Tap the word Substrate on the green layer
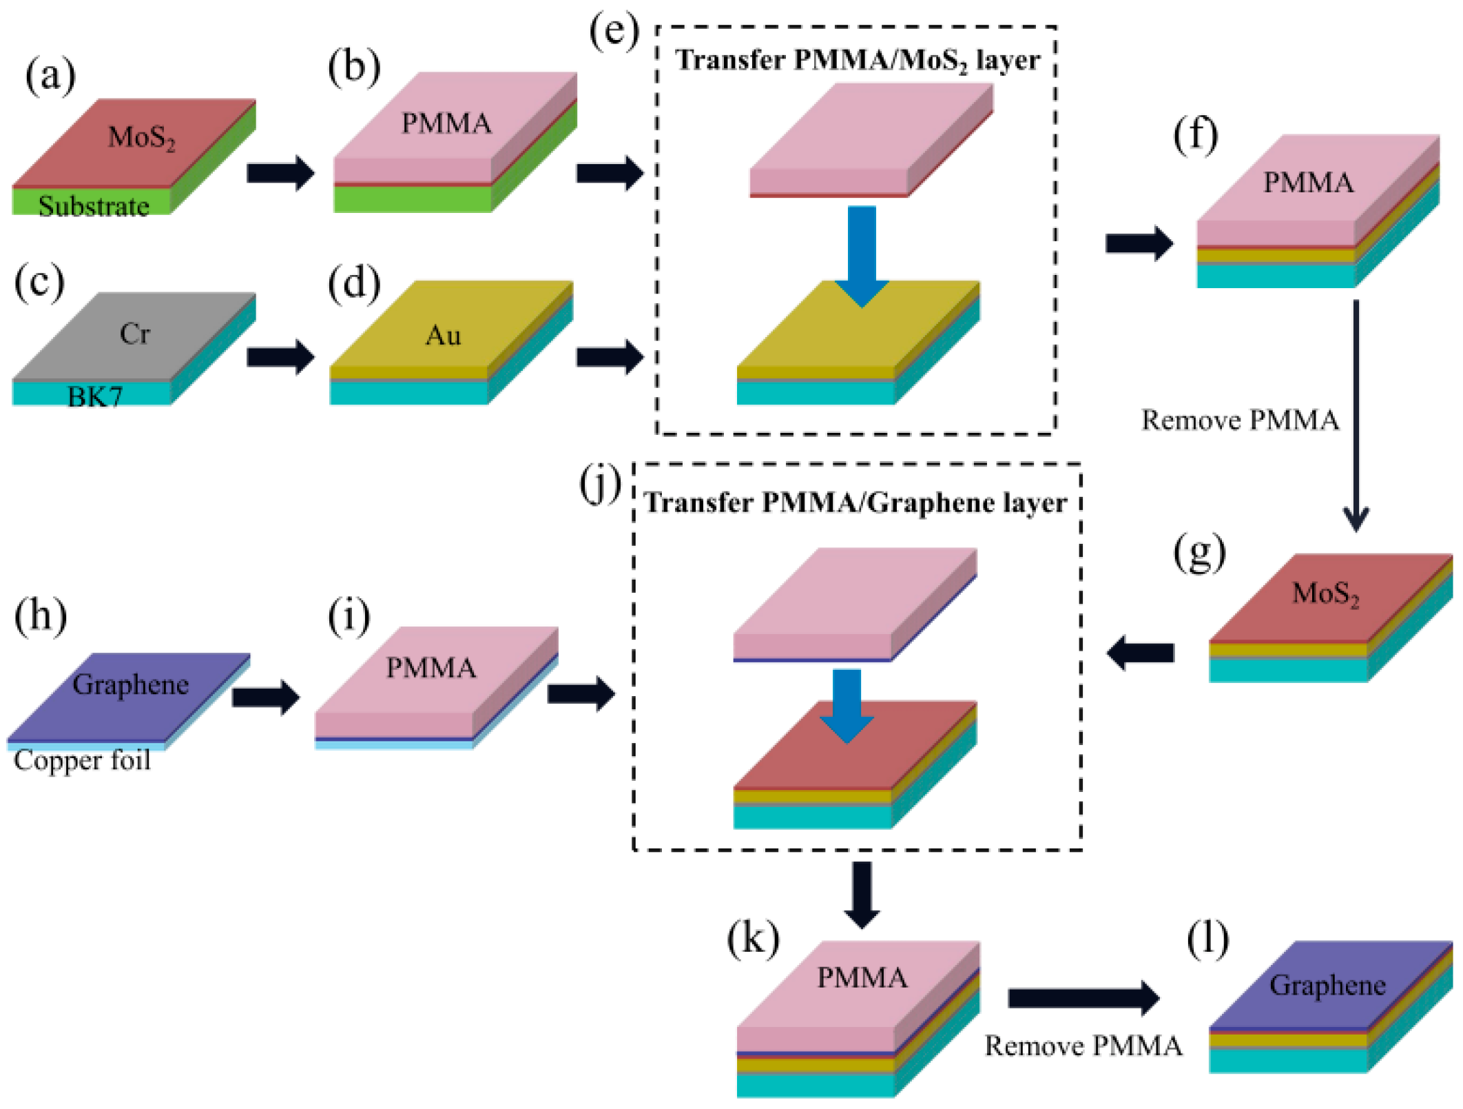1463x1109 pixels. pos(94,206)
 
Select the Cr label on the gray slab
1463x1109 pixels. pos(134,334)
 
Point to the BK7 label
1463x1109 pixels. pos(95,397)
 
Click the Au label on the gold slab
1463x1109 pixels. pos(443,336)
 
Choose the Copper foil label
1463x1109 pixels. pos(82,760)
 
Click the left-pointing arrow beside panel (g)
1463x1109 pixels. pos(1141,652)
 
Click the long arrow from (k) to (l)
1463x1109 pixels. pos(1083,997)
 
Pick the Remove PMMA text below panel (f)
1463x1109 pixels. pos(1240,420)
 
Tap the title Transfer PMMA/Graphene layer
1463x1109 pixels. pos(855,503)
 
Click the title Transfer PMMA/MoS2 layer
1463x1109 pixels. pos(857,61)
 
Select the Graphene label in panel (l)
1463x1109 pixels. pos(1327,986)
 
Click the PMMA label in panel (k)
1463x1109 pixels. pos(862,978)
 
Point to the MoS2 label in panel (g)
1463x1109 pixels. pos(1325,593)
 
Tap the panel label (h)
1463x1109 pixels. pos(41,615)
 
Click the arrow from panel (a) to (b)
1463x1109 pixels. pos(280,172)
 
